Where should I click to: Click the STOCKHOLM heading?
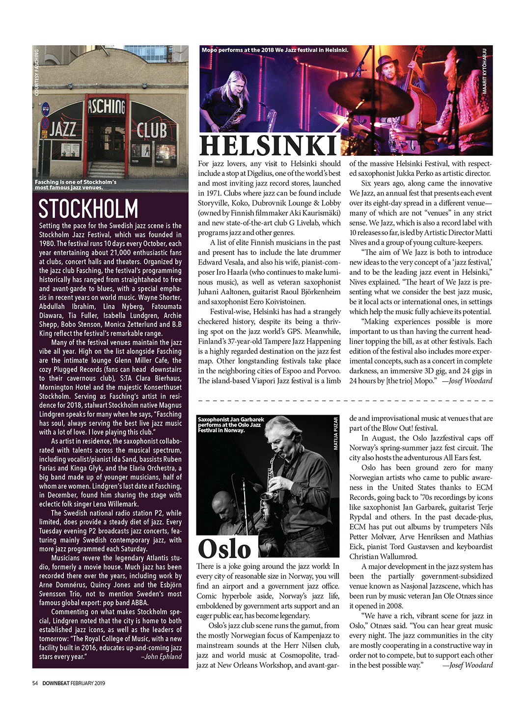click(88, 209)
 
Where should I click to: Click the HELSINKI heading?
click(268, 146)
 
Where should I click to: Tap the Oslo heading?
click(224, 549)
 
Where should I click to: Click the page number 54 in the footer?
click(35, 683)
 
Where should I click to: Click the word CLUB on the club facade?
click(152, 130)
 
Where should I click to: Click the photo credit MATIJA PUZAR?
click(336, 434)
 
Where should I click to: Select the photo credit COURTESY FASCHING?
click(36, 72)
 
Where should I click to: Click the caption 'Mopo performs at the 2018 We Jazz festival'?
click(275, 50)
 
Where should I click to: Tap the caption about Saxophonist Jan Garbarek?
click(230, 425)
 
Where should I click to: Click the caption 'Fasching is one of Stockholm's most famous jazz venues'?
click(76, 185)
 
